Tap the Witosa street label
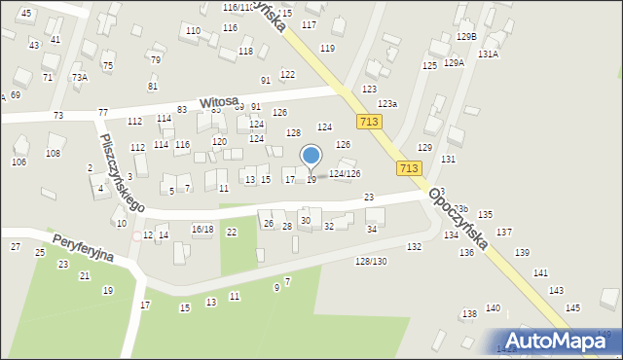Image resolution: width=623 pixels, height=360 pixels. pos(219,102)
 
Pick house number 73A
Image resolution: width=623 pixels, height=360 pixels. pos(80,77)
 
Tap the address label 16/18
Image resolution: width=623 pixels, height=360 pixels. pos(202,229)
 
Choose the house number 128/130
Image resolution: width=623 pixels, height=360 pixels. pos(370,262)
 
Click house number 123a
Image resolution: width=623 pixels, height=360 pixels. pos(387,103)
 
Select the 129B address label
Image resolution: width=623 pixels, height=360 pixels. pos(466,36)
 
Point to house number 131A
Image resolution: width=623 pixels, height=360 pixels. pos(488,54)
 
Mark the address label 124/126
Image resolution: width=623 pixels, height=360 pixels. pos(346,173)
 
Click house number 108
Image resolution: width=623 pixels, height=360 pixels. pos(54,153)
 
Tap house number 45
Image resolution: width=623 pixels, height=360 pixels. pos(25,13)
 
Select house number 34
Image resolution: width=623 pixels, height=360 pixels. pos(371,229)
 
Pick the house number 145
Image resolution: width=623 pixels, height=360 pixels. pos(572,307)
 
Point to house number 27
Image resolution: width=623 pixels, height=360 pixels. pos(16,246)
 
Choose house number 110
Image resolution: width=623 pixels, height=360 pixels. pos(193,31)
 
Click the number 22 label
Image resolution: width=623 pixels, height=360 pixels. pos(232,232)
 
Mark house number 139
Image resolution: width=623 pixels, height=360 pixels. pos(522,252)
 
